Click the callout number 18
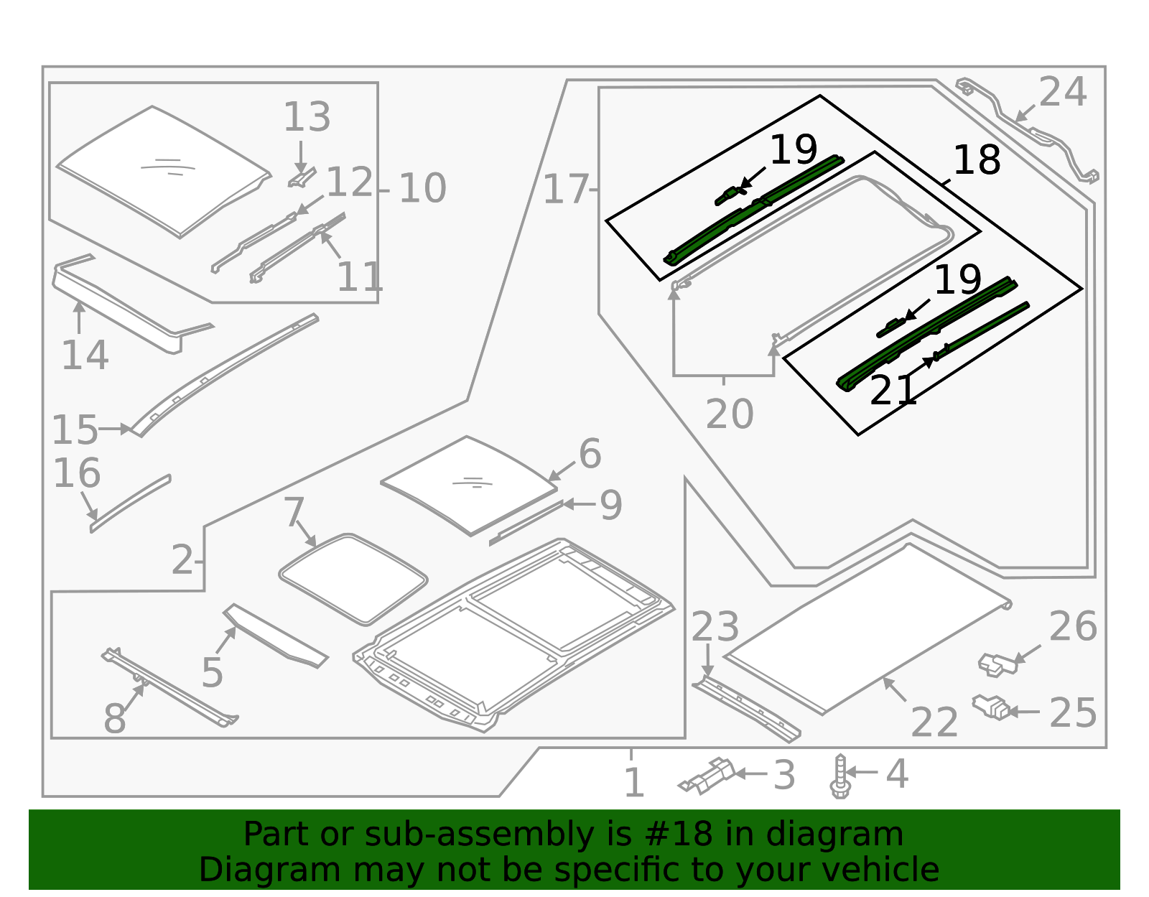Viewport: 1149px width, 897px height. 977,160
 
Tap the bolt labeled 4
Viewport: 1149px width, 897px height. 840,776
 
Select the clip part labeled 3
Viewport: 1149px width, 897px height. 708,776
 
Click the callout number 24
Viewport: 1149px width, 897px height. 1063,93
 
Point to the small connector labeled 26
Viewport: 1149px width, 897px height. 997,664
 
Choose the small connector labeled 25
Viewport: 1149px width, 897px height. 992,707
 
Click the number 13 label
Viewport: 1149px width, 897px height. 307,117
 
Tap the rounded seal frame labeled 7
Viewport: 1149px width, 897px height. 353,579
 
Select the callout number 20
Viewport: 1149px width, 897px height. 730,414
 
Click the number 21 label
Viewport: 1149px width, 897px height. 893,391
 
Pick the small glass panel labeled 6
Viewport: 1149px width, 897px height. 468,485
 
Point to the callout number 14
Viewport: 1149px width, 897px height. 85,355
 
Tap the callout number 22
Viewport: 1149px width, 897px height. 934,722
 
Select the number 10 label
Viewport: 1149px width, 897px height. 422,189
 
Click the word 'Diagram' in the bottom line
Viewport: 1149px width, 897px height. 241,870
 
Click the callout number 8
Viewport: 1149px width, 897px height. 115,719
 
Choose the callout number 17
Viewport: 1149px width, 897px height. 565,190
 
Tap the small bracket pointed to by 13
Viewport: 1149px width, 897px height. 302,177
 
